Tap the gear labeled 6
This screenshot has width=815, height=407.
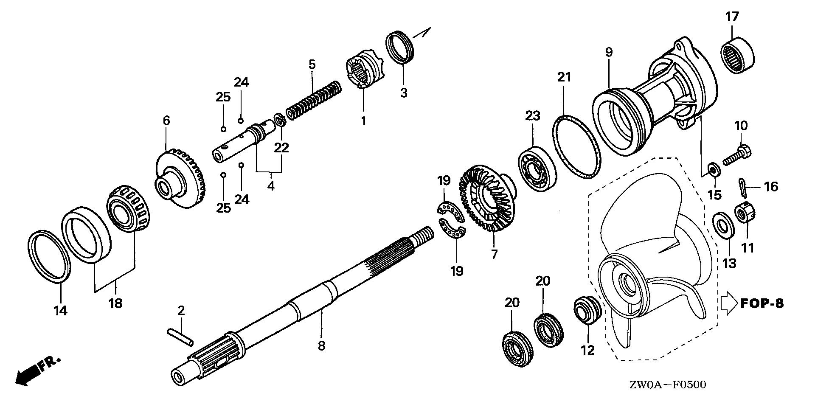[180, 178]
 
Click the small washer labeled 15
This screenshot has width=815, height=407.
[713, 171]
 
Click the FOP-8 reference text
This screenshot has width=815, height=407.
[762, 303]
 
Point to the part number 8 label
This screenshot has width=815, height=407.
[321, 345]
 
